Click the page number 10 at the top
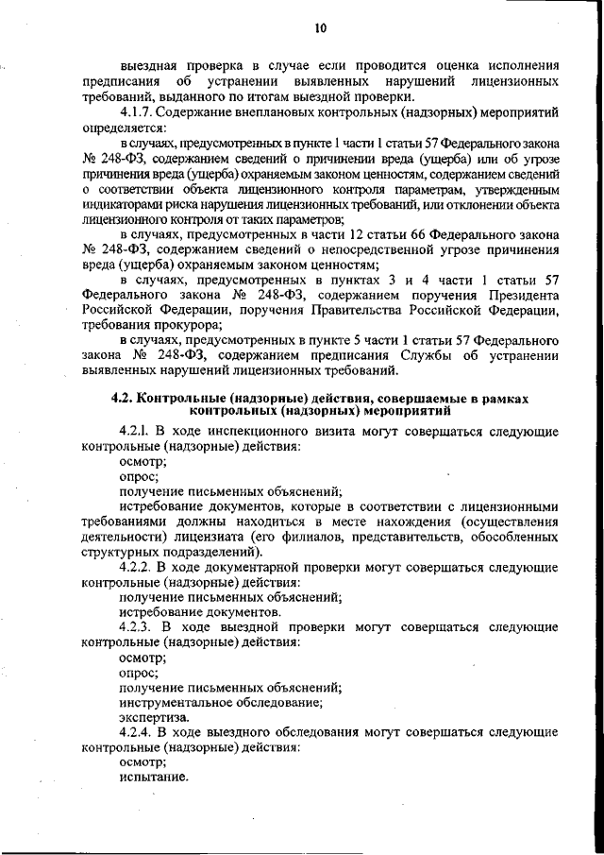[x=320, y=28]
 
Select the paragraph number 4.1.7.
[x=138, y=113]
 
